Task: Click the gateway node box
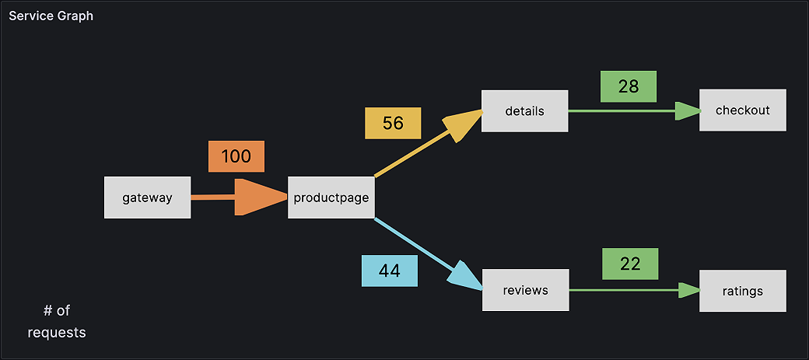[147, 197]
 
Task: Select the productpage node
[331, 197]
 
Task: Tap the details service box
[524, 110]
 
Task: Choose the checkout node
[743, 110]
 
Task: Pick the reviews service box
[525, 290]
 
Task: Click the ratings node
[742, 291]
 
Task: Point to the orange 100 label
[236, 156]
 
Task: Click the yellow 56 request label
[394, 123]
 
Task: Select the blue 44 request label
[390, 271]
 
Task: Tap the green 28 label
[629, 86]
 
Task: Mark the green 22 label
[630, 264]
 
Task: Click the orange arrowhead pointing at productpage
[260, 197]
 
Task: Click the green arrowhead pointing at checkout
[687, 111]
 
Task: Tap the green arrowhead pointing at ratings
[688, 291]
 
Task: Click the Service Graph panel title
[51, 16]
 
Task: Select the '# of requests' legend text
[57, 321]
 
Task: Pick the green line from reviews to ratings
[622, 291]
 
